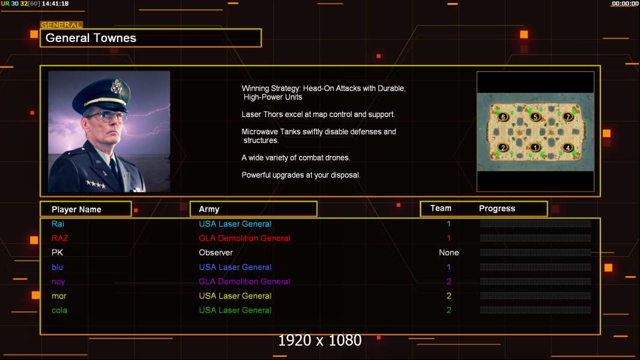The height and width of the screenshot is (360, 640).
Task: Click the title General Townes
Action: pos(91,38)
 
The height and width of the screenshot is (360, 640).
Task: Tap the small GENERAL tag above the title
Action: pos(61,25)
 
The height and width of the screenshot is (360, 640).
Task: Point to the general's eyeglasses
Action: pos(106,116)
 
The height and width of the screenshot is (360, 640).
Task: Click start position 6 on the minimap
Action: pos(503,116)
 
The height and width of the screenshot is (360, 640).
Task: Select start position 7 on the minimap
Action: pos(567,116)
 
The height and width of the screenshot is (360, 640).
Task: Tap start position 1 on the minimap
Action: pos(536,147)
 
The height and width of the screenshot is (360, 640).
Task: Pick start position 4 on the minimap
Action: pos(567,147)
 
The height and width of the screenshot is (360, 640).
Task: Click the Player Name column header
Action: pos(76,209)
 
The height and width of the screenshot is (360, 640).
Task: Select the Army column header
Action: pos(209,209)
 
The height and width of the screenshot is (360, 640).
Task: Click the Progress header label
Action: pos(497,209)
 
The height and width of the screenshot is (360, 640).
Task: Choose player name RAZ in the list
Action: pos(60,238)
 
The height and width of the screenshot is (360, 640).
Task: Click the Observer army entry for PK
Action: pos(216,253)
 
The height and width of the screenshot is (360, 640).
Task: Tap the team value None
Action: pos(448,253)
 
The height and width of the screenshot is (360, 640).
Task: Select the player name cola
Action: pos(59,310)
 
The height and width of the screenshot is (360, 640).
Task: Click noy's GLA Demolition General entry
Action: pos(244,281)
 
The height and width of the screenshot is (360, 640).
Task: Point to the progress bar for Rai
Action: pos(536,224)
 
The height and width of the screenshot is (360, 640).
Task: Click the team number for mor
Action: pos(448,296)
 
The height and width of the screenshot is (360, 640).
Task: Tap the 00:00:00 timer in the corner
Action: pos(624,4)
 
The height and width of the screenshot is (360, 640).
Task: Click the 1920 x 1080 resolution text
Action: pos(319,341)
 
